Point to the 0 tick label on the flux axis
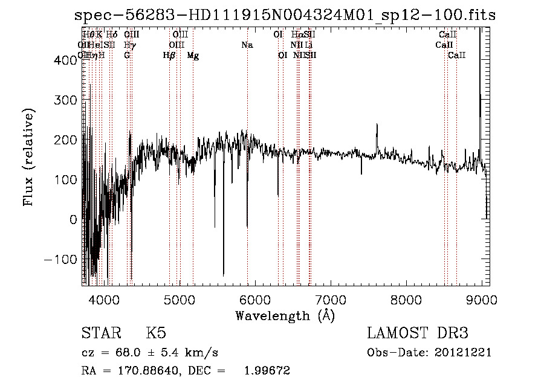click(x=74, y=220)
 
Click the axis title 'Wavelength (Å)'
click(x=285, y=315)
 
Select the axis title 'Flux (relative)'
click(x=28, y=156)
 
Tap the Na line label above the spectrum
click(x=247, y=45)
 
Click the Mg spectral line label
click(x=193, y=56)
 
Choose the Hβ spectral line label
click(x=169, y=56)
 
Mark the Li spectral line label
click(x=308, y=45)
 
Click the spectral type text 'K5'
click(x=156, y=333)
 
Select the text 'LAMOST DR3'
click(x=418, y=333)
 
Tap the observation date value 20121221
click(x=463, y=352)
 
